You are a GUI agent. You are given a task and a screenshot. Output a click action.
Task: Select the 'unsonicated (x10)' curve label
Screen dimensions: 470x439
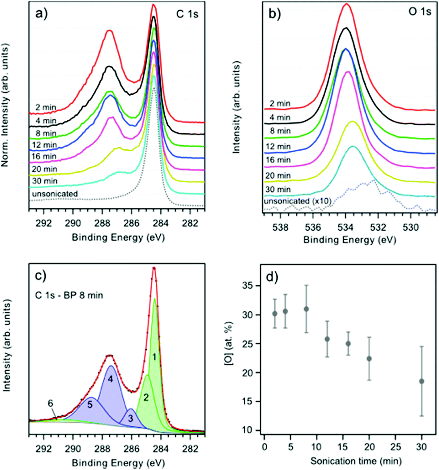coord(298,201)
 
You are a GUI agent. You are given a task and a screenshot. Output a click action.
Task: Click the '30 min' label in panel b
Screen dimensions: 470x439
coord(279,190)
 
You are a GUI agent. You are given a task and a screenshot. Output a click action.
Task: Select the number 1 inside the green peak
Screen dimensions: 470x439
coord(154,357)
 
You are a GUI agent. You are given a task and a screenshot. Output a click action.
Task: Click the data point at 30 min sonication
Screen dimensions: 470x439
coord(422,381)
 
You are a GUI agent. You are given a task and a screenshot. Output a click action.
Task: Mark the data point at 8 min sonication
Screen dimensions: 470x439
coord(306,309)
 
